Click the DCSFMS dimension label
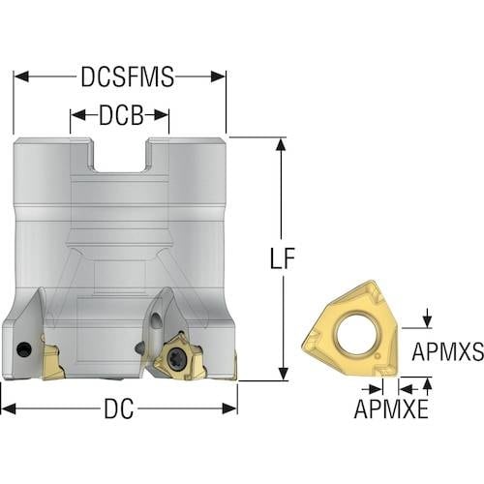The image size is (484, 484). [128, 77]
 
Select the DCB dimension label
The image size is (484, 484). [121, 115]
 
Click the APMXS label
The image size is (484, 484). [447, 351]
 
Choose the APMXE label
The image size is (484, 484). [391, 408]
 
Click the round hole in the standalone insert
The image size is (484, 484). [356, 333]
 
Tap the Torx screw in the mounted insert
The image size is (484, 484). [175, 354]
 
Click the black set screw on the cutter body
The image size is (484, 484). [23, 348]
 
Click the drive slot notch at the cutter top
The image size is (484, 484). [121, 155]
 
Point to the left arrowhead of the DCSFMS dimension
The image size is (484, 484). [21, 77]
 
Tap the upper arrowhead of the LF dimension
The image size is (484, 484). [283, 145]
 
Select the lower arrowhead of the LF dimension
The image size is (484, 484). [283, 373]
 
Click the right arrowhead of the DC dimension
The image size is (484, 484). [229, 408]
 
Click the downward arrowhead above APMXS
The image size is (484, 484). [428, 321]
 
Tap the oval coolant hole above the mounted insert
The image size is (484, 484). [156, 322]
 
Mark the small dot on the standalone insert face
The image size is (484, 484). [378, 357]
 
